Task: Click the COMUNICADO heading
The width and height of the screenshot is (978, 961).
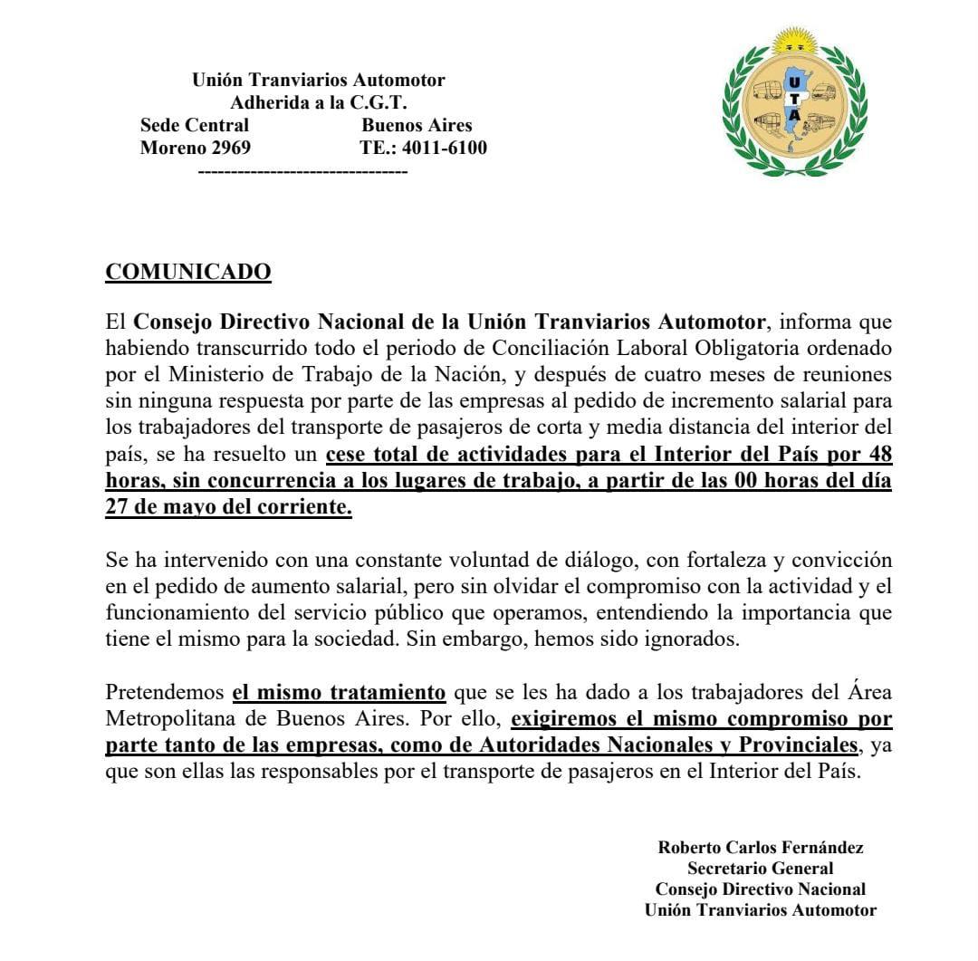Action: pos(188,272)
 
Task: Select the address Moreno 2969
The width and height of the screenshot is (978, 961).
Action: pos(196,148)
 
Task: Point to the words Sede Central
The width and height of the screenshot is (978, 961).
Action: pos(195,125)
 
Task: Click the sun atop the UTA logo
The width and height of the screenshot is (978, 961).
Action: pos(793,42)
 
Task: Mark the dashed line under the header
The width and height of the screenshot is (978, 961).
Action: pos(302,169)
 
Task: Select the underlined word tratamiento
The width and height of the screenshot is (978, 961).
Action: pos(390,694)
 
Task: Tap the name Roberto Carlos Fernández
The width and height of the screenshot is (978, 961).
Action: pos(761,848)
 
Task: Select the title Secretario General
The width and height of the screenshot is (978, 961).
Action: pos(761,869)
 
